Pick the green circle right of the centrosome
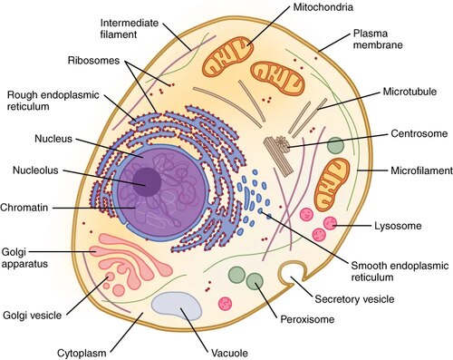(335, 145)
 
